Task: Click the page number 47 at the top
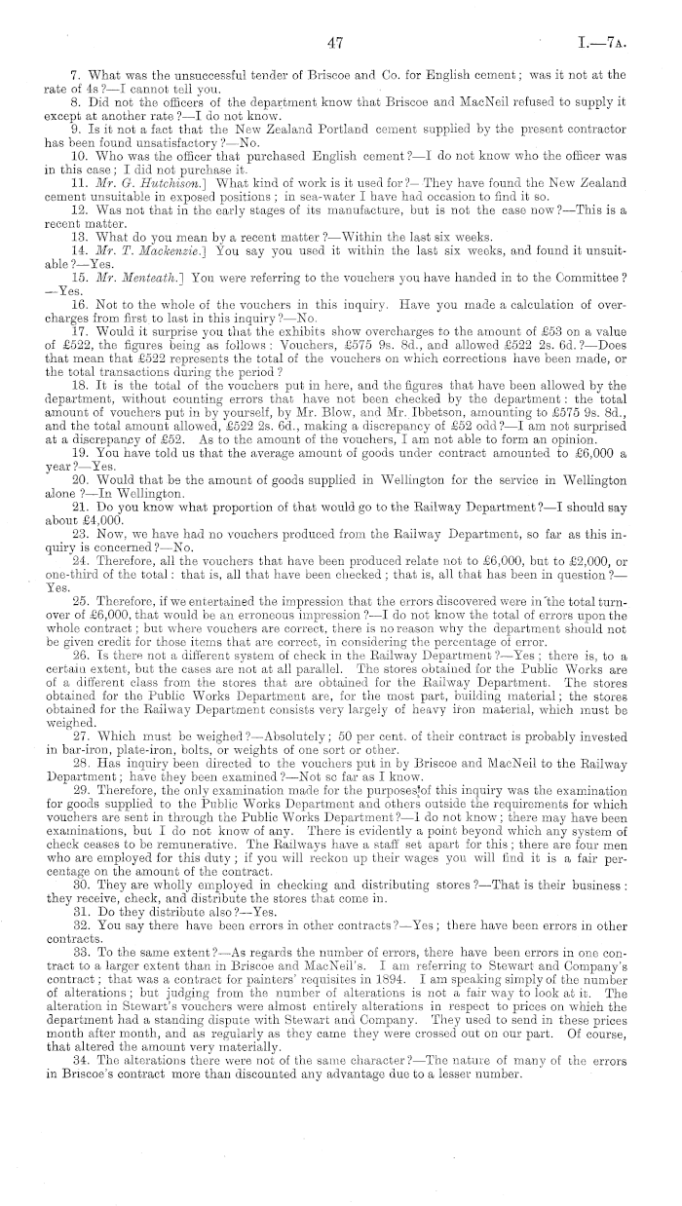pyautogui.click(x=338, y=43)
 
